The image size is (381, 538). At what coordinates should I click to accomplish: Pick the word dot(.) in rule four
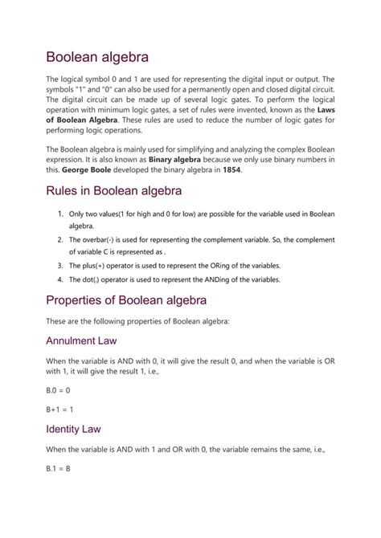pos(93,279)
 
